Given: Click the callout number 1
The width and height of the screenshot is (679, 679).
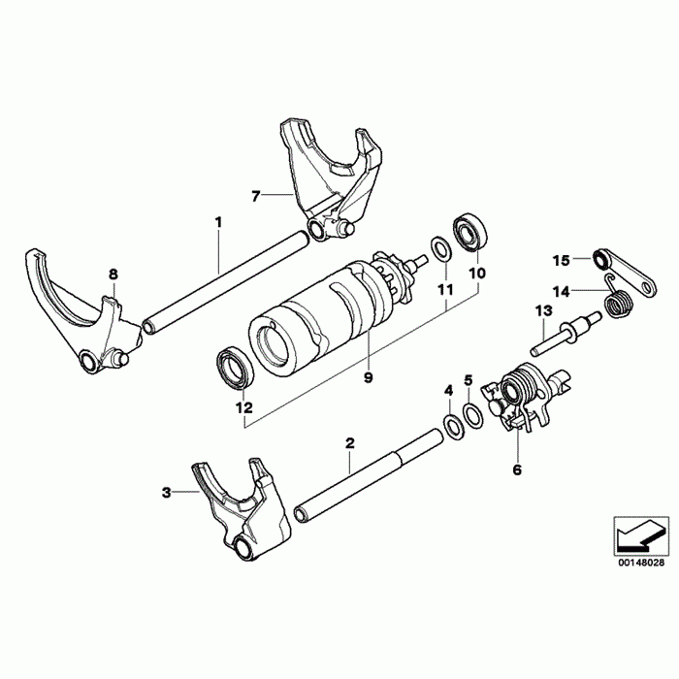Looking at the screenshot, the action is pos(218,222).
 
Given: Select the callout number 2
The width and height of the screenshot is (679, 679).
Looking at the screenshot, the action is pos(350,443).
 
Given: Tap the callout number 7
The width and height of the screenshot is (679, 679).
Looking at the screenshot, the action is pos(255,196).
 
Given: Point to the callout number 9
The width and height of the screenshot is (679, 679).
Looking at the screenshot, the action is pos(368,377).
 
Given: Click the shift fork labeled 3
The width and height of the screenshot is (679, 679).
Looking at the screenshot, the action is pos(238,504).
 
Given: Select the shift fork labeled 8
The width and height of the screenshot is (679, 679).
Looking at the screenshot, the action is pos(68,310).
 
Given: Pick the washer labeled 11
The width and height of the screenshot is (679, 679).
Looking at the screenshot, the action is pos(438,250).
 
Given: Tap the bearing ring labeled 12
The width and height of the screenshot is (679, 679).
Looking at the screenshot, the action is pos(232,368).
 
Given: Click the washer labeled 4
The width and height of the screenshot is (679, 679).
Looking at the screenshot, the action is pos(451,424).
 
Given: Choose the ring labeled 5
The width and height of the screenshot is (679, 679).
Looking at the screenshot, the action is pos(472,415).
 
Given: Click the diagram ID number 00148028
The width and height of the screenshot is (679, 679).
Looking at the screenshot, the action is pos(640,562).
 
